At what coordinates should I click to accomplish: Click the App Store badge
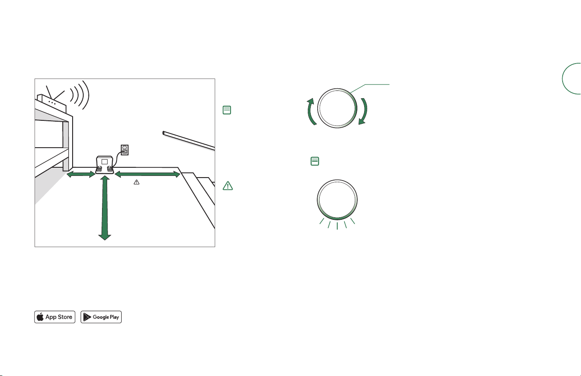point(55,317)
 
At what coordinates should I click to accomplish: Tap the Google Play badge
point(101,317)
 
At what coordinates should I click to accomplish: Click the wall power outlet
point(125,150)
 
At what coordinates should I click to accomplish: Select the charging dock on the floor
point(105,165)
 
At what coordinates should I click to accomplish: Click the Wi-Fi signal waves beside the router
point(80,95)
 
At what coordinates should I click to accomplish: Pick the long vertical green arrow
point(105,208)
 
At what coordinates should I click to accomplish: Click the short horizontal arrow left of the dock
point(81,174)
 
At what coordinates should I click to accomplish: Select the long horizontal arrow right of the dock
point(147,174)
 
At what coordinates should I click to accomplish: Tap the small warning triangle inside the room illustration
point(137,182)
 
